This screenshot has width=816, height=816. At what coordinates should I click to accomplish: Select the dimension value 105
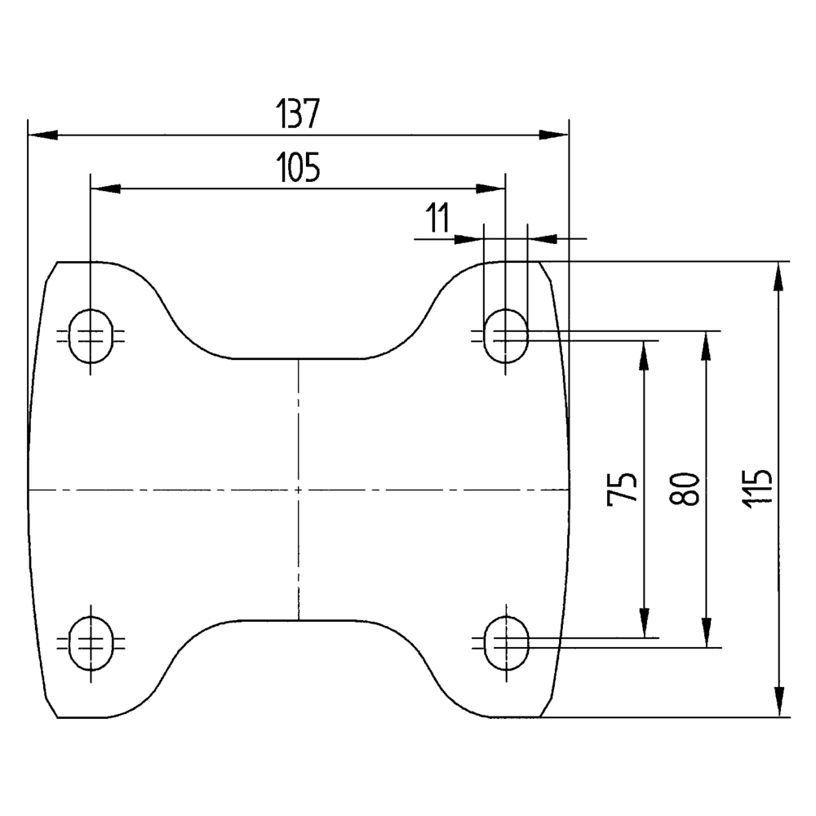(x=298, y=168)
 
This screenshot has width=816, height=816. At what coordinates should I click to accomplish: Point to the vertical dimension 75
(x=621, y=489)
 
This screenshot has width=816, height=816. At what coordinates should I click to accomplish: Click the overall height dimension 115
(x=758, y=489)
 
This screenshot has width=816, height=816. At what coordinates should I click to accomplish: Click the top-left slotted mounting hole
(x=90, y=335)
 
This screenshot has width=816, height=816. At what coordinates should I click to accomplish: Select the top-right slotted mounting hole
(x=505, y=335)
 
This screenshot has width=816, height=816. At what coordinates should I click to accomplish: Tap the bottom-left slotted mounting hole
(x=90, y=643)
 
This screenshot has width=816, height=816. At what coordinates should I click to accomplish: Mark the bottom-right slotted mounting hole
(x=505, y=643)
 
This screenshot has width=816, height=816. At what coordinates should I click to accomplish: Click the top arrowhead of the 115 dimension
(x=780, y=276)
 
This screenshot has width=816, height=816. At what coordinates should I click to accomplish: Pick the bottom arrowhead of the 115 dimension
(x=780, y=703)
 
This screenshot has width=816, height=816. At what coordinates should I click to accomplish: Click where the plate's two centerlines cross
(x=299, y=490)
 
